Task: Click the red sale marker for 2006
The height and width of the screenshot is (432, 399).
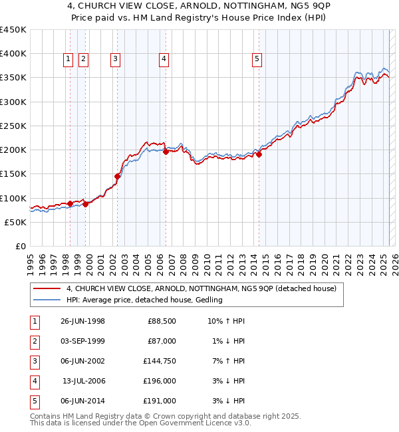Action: click(x=166, y=151)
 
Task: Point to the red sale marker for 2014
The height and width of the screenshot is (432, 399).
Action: click(x=259, y=155)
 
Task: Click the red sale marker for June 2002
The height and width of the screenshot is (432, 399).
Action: click(x=118, y=176)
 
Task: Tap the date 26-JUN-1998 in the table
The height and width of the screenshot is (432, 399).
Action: click(x=82, y=322)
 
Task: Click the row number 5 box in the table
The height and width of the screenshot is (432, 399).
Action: click(x=33, y=401)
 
